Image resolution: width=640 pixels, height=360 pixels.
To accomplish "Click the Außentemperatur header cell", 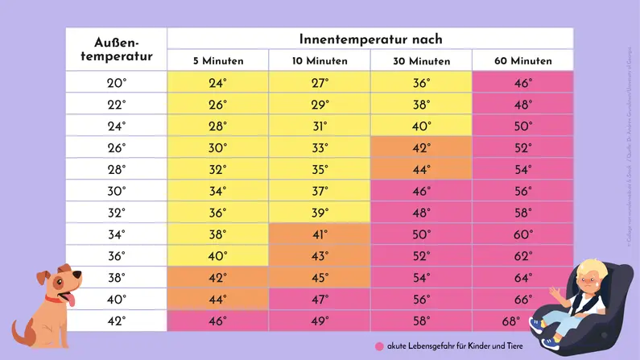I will click(x=117, y=49).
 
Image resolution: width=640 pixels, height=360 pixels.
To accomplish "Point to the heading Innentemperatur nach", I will click(x=370, y=39).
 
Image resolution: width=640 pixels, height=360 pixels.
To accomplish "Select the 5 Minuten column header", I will click(x=217, y=61).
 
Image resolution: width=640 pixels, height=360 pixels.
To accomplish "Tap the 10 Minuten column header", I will click(x=320, y=61).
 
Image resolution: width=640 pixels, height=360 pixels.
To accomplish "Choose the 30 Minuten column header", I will click(x=421, y=61).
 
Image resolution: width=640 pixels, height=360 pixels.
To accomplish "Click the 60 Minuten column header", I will click(x=522, y=61).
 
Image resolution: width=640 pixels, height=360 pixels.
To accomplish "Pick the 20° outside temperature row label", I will click(x=117, y=82).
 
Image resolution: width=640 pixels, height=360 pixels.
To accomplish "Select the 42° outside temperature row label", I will click(x=117, y=321).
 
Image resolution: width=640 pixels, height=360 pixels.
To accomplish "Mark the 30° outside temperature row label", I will click(x=117, y=191).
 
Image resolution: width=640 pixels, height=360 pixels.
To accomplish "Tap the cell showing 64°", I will click(x=522, y=278).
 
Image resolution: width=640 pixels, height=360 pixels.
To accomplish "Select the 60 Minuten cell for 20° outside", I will click(x=522, y=82).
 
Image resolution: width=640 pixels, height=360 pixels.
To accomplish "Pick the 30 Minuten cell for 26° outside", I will click(x=421, y=147).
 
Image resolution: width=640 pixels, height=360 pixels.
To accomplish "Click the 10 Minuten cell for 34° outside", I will click(x=320, y=234).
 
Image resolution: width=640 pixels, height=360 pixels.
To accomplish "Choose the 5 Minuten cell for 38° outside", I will click(x=217, y=278).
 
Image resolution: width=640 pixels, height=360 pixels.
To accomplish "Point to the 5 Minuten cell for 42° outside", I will click(x=217, y=321).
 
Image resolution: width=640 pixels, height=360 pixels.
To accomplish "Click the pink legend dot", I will click(x=379, y=346).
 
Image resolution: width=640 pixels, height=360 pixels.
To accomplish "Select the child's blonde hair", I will click(x=592, y=268).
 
